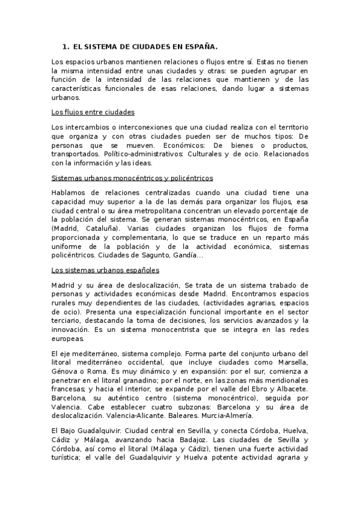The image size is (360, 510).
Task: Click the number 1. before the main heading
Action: pos(66,46)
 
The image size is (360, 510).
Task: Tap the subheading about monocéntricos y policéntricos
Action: pos(132,178)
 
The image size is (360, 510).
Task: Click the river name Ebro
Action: pos(250,394)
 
